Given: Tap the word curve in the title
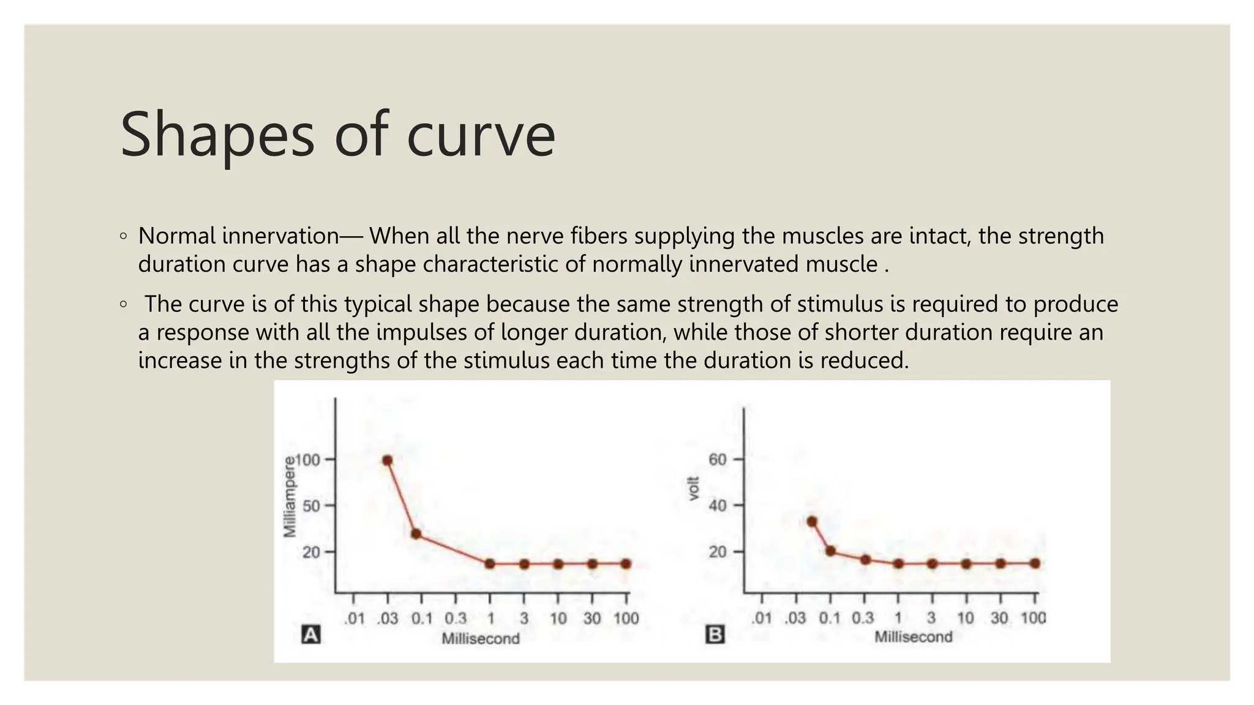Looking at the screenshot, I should coord(481,136).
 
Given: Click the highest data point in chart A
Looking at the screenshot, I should coord(387,460).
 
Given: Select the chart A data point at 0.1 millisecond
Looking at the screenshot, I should coord(416,534).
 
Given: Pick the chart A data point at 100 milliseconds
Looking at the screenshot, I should coord(626,564).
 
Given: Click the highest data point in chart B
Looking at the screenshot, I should coord(812,521).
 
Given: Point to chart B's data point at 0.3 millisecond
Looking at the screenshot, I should coord(865,559).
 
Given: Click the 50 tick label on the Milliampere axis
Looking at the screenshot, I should coord(312,505).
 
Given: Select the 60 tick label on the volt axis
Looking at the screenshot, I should coord(718,460).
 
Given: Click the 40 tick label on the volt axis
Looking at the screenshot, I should coord(718,505).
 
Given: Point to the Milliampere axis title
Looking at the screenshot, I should coord(290,497).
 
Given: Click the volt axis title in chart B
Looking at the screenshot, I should coord(694,488).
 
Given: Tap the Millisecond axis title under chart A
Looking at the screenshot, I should coord(481,639).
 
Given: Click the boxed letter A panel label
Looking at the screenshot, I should coord(311,635).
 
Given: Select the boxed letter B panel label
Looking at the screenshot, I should coord(715,635).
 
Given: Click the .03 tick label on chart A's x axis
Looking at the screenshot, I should coord(387,619).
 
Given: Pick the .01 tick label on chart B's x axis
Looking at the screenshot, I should coord(762,618).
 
